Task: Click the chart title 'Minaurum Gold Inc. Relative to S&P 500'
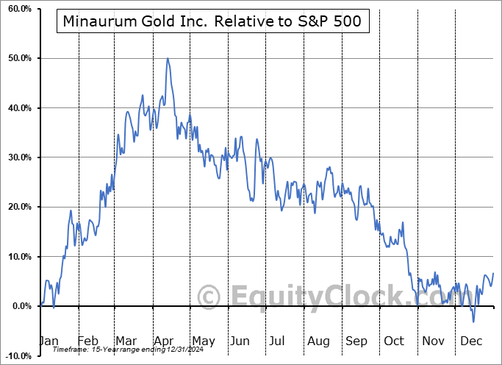pos(212,21)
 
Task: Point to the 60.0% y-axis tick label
pos(17,9)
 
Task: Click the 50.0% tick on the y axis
pos(17,58)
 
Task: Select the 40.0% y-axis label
pos(17,108)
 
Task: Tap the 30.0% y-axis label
pos(17,157)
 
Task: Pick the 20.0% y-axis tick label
pos(17,207)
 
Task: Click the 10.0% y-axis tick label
pos(17,257)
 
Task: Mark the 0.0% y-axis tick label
pos(18,306)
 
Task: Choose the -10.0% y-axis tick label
pos(16,356)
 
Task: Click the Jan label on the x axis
pos(48,341)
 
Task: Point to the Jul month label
pos(276,341)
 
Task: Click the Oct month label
pos(393,341)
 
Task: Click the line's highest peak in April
pos(168,58)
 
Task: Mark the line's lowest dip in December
pos(473,322)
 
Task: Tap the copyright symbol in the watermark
pos(209,297)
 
